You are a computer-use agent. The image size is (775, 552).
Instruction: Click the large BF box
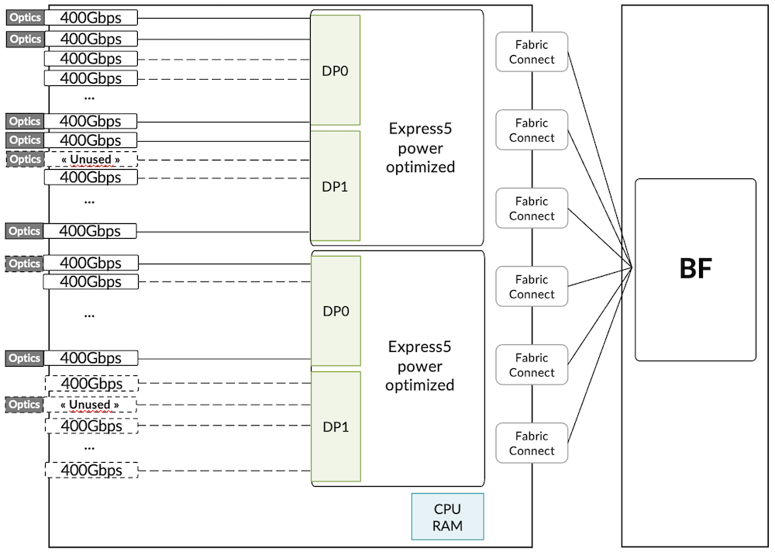pyautogui.click(x=695, y=269)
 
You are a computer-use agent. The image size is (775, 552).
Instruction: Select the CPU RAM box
pyautogui.click(x=447, y=516)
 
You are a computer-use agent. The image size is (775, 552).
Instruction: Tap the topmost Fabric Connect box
pyautogui.click(x=532, y=51)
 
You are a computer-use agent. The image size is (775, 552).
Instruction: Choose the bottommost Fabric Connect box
pyautogui.click(x=532, y=443)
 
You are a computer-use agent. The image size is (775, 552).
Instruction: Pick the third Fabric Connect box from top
pyautogui.click(x=532, y=208)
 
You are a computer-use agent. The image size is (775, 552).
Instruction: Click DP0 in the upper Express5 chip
pyautogui.click(x=335, y=70)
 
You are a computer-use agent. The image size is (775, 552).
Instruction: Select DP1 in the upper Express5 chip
pyautogui.click(x=335, y=186)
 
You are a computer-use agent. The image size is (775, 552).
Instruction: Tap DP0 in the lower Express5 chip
pyautogui.click(x=335, y=311)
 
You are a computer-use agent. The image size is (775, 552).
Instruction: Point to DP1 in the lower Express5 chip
pyautogui.click(x=335, y=426)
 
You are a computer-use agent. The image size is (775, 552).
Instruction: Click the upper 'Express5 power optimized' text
pyautogui.click(x=420, y=147)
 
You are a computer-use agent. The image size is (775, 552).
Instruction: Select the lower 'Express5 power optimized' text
pyautogui.click(x=420, y=366)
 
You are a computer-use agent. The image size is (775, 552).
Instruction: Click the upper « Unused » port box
pyautogui.click(x=91, y=160)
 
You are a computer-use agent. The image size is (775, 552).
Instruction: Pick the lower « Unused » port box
pyautogui.click(x=91, y=405)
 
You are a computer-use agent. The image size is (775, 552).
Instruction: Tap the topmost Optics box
pyautogui.click(x=25, y=17)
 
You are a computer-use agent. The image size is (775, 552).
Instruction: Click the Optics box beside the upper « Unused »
pyautogui.click(x=25, y=159)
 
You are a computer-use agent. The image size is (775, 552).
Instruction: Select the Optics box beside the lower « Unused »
pyautogui.click(x=25, y=405)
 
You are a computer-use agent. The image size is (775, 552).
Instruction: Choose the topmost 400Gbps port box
pyautogui.click(x=91, y=17)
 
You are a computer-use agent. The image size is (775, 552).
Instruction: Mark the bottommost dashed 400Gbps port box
pyautogui.click(x=91, y=470)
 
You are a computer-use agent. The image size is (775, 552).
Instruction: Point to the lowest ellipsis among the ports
pyautogui.click(x=89, y=447)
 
